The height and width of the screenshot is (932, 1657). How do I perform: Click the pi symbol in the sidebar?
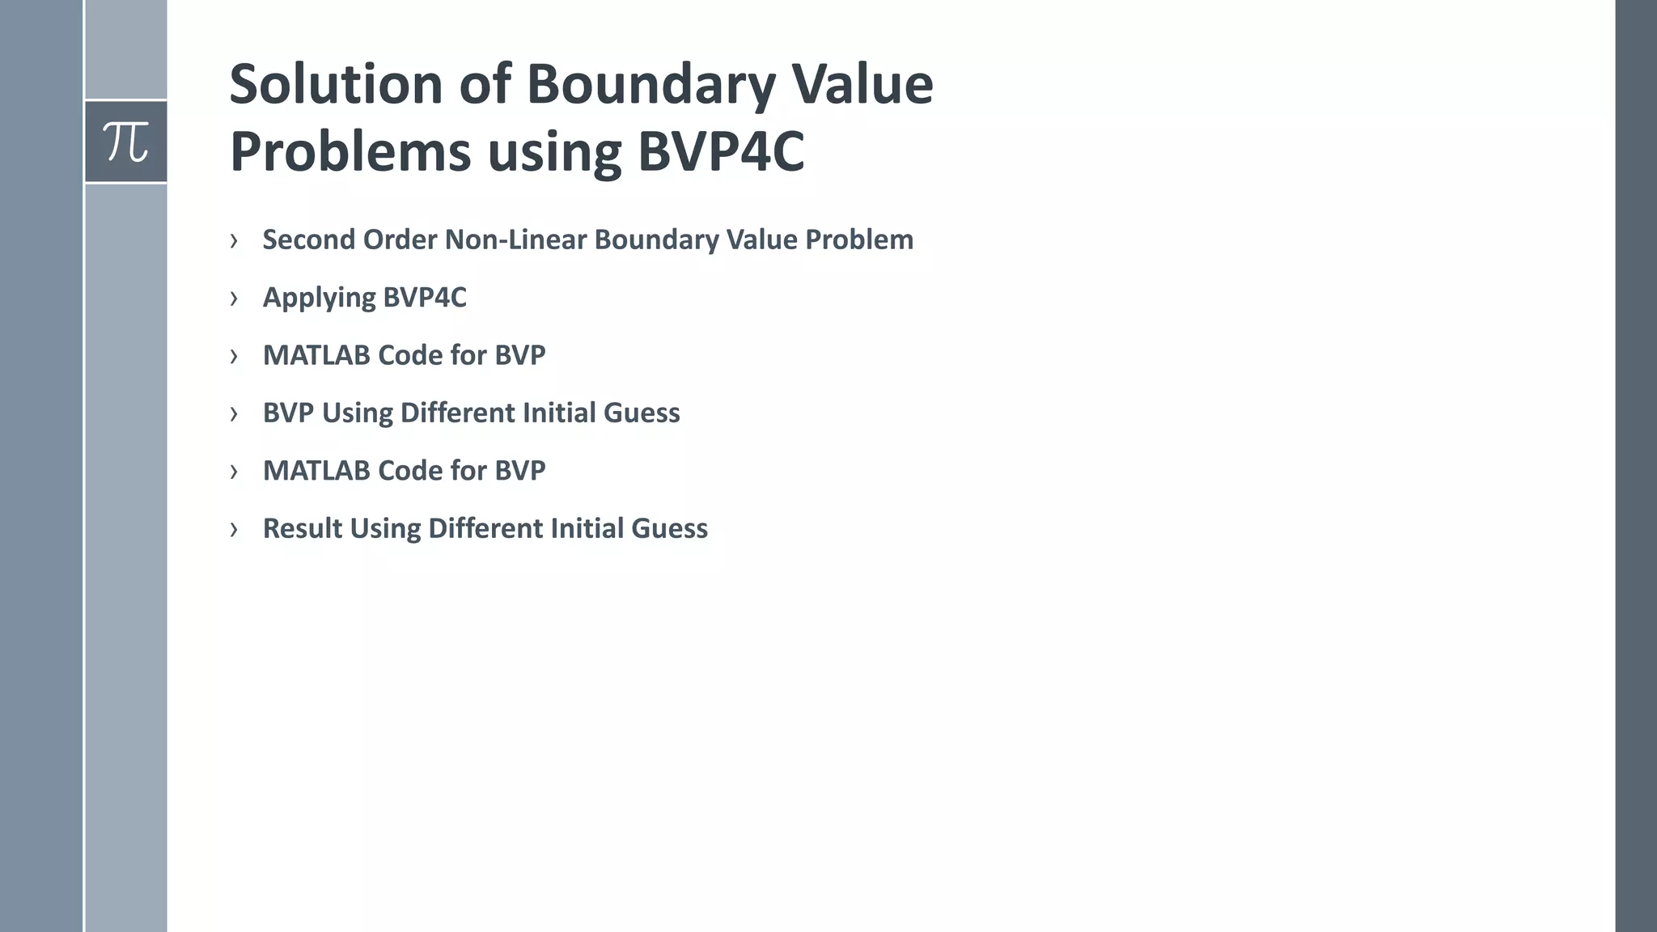pos(125,142)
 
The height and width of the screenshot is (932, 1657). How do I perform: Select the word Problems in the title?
pos(350,151)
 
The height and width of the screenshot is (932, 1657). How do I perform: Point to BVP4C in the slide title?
pos(721,151)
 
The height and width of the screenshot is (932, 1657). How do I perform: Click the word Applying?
pos(319,298)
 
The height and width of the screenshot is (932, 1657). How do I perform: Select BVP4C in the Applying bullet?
pos(425,297)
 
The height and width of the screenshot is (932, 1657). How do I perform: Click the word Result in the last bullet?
pos(302,528)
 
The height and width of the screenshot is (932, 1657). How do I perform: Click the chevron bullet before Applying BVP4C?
pos(234,299)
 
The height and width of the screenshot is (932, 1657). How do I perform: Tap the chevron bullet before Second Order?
pos(234,240)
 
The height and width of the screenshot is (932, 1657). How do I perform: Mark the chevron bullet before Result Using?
pos(234,529)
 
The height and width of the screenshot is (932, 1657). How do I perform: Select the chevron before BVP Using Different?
pos(234,413)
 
